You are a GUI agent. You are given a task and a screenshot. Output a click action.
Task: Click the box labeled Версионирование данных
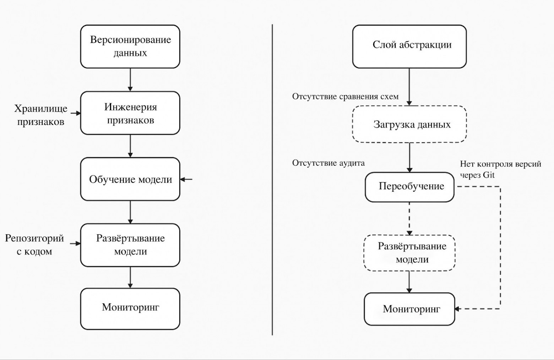coord(130,47)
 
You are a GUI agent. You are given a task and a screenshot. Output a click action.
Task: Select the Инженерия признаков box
coord(130,113)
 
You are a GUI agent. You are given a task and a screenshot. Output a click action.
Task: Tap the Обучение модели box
coord(130,179)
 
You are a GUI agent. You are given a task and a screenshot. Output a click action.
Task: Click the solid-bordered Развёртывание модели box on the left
coord(130,245)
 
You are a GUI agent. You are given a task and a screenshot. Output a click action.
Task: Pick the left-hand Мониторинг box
coord(130,309)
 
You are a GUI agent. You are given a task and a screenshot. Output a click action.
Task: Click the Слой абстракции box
coord(409,47)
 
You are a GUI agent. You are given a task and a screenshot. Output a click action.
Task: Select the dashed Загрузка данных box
coord(409,124)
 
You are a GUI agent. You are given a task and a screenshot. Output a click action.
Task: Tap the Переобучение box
coord(409,187)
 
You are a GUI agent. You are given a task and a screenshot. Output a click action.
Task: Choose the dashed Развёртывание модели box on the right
coord(409,253)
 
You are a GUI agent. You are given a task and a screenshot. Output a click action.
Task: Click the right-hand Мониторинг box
coord(409,309)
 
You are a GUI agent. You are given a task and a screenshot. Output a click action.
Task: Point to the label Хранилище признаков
coord(40,115)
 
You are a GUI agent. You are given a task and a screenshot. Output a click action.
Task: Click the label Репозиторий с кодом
coord(34,245)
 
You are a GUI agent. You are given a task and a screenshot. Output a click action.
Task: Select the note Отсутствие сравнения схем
coord(345,97)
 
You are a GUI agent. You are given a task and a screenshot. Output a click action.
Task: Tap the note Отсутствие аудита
coord(328,163)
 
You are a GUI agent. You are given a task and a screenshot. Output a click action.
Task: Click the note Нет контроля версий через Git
coord(500,169)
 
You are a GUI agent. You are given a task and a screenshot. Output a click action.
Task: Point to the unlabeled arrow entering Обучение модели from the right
coord(186,179)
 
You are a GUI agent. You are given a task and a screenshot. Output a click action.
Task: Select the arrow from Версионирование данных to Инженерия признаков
coord(130,80)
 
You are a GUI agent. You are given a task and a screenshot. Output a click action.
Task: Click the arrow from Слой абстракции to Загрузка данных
coord(409,87)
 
